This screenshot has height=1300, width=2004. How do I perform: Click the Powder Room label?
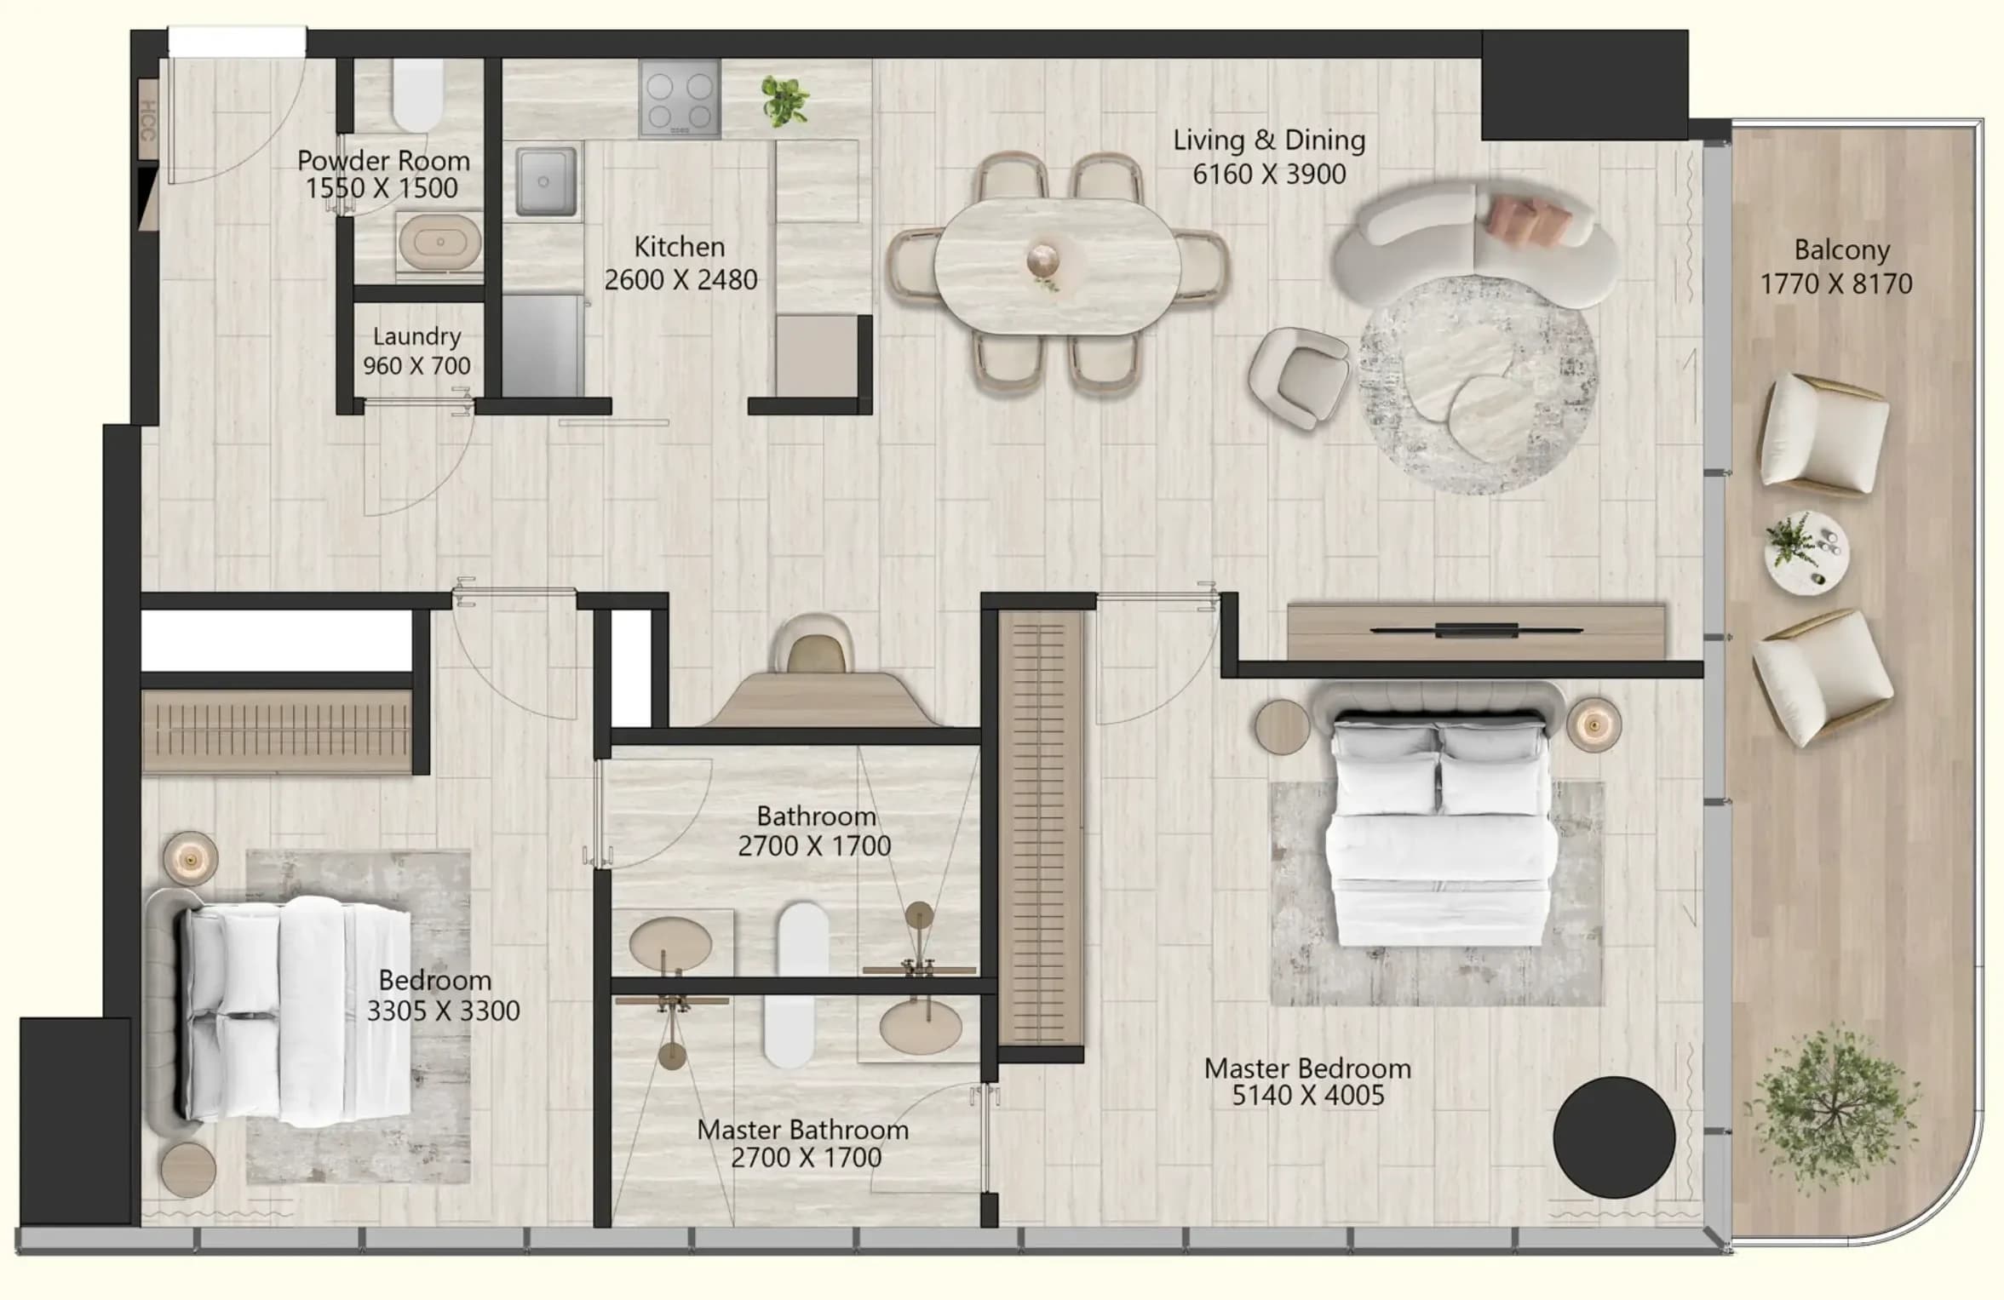(x=383, y=160)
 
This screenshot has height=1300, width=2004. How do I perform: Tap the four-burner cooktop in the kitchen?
(x=680, y=99)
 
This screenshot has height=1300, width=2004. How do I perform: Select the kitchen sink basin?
(x=545, y=180)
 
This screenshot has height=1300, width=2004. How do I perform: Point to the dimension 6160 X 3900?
(x=1269, y=174)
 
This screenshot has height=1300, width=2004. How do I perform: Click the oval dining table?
(x=1057, y=266)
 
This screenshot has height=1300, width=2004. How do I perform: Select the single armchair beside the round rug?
(x=1299, y=378)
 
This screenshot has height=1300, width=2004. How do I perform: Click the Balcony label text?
(x=1841, y=249)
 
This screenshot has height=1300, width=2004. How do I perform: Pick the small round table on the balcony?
(x=1806, y=551)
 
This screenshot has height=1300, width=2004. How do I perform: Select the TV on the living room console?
(x=1476, y=631)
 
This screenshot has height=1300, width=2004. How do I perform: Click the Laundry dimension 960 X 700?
(x=416, y=365)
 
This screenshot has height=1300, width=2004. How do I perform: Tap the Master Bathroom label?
(x=802, y=1130)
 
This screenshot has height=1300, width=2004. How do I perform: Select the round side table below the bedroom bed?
(x=188, y=1171)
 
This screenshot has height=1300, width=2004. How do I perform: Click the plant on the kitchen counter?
(x=784, y=100)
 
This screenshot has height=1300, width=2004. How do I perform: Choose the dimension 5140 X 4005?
(x=1308, y=1096)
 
